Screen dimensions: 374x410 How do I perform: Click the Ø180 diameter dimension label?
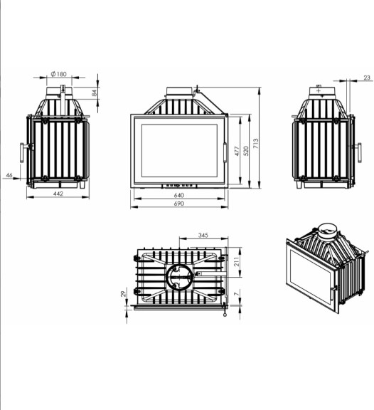point(59,74)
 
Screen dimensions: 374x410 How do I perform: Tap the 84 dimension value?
point(95,93)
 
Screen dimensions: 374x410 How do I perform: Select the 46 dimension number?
point(9,175)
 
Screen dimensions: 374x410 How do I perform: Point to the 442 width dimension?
point(58,194)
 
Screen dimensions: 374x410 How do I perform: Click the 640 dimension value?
point(179,195)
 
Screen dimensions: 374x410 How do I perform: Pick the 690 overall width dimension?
point(179,204)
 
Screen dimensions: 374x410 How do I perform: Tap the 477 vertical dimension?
point(237,151)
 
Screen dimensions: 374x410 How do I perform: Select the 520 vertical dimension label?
point(246,151)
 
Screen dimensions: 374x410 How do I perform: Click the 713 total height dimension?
point(255,144)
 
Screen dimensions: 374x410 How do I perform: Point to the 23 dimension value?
point(367,78)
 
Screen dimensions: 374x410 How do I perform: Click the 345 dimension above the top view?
point(203,235)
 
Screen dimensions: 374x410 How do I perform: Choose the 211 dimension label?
point(237,262)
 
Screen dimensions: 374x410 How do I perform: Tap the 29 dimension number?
point(123,294)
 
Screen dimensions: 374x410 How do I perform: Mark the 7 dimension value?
point(236,294)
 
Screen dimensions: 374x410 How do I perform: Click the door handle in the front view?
point(225,152)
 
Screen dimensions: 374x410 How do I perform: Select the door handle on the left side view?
point(22,153)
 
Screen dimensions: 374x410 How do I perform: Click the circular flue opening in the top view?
point(179,277)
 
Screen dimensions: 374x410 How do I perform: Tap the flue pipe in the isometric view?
point(327,231)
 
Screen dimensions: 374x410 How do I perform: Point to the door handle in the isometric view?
point(333,293)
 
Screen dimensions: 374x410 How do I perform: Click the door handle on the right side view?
point(359,153)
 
